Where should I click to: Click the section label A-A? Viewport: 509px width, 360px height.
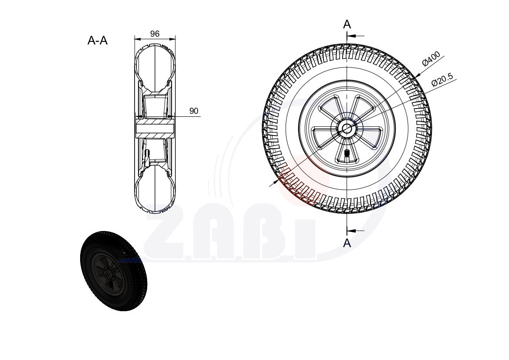point(98,41)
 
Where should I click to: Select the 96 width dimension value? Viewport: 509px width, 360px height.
point(155,34)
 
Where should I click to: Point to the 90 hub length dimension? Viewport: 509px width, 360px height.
point(194,111)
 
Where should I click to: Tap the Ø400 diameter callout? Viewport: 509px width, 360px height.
point(431,59)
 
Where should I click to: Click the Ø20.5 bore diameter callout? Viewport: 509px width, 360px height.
point(442,80)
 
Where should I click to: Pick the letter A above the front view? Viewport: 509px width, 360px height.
point(347,24)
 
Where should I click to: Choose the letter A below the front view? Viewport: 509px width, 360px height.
point(347,243)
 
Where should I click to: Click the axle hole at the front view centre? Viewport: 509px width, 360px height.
point(347,128)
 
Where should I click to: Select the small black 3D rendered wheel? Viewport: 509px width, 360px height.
point(114,271)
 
